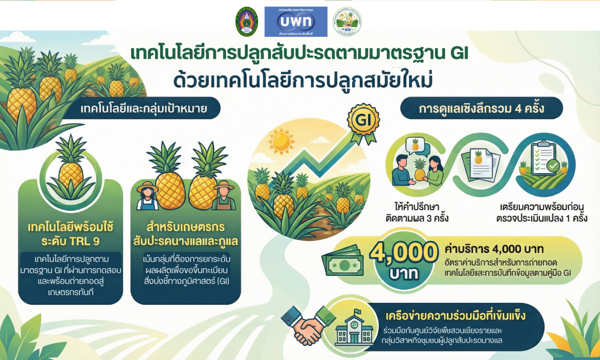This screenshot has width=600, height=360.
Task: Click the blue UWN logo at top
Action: point(296,22)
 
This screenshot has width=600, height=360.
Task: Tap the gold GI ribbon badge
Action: point(363,120)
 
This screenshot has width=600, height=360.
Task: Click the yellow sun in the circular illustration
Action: point(281,141)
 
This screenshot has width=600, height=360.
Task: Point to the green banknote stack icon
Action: point(343,262)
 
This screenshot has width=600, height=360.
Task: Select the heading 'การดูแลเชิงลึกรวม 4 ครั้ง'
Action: point(481,108)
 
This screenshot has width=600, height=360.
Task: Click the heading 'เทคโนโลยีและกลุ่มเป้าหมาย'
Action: point(144,108)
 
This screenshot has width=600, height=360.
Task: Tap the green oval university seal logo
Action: point(247,22)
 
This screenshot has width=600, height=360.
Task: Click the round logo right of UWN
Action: point(347,22)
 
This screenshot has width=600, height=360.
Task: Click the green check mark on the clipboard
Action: point(554,165)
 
